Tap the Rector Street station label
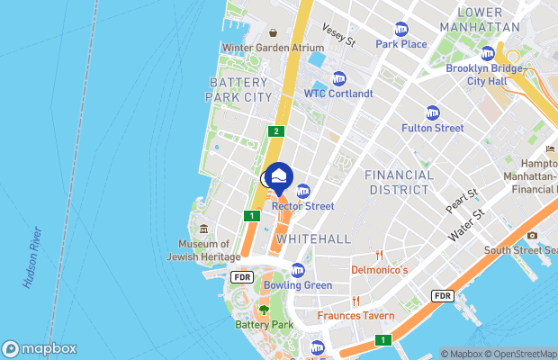click(303, 206)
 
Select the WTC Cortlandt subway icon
click(338, 78)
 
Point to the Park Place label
click(401, 43)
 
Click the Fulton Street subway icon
click(433, 113)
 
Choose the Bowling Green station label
click(298, 285)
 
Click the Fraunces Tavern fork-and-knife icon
click(356, 301)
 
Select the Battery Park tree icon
click(264, 310)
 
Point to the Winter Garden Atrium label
click(273, 48)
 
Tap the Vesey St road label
click(339, 36)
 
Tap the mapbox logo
click(40, 348)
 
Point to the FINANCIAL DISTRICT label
click(400, 182)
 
